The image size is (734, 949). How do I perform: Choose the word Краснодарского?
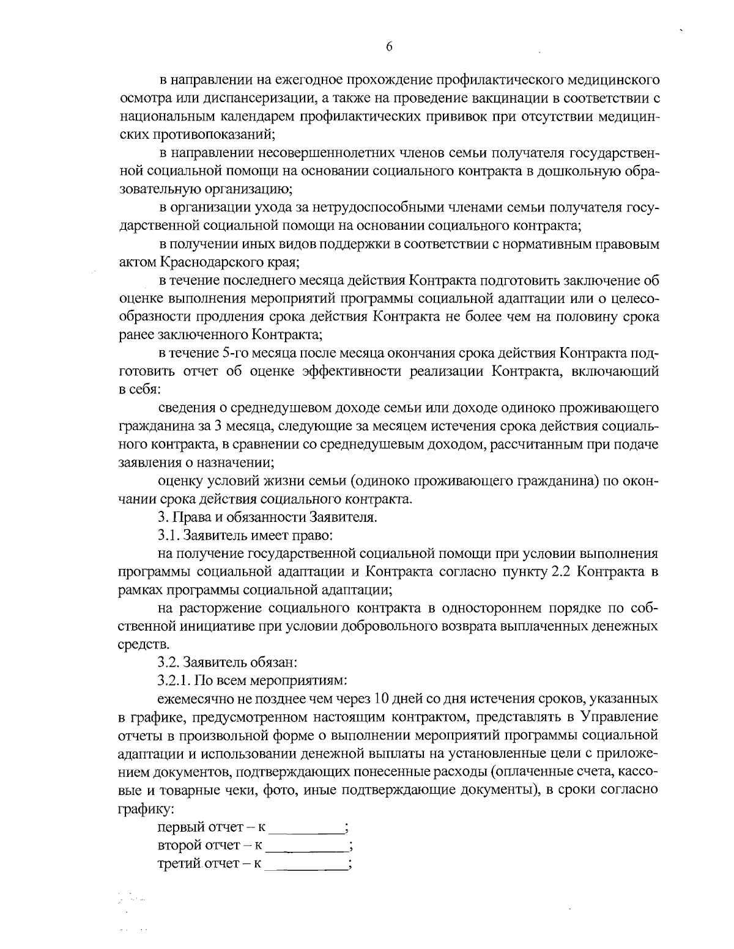208,263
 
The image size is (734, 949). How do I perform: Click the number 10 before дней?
381,698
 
